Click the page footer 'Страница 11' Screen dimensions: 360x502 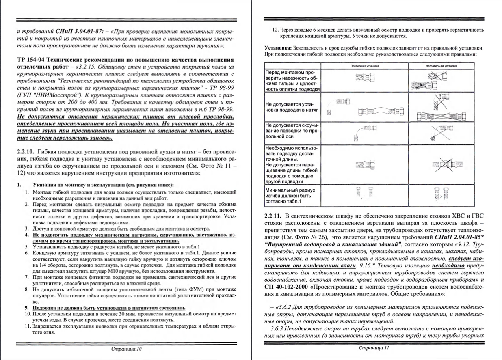(374, 348)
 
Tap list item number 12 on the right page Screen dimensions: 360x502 (275, 30)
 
